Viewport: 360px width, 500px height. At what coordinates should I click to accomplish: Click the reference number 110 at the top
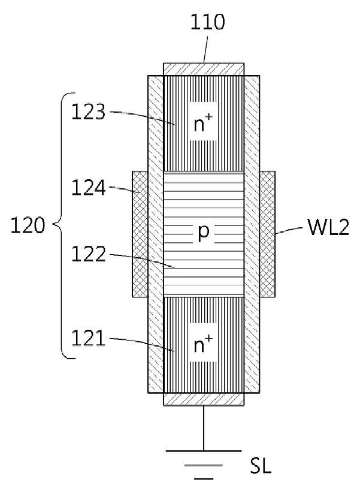click(207, 22)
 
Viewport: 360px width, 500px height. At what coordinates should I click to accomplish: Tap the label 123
click(88, 112)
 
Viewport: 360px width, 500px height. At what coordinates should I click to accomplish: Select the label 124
click(88, 187)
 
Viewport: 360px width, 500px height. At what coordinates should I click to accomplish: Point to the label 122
click(88, 254)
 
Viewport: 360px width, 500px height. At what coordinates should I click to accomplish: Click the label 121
click(88, 338)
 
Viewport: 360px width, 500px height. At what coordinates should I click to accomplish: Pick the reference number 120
click(28, 225)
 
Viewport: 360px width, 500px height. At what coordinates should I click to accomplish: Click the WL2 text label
click(328, 227)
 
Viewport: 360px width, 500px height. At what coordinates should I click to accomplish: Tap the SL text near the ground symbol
click(261, 466)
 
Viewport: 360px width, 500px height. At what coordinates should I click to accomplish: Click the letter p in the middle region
click(204, 232)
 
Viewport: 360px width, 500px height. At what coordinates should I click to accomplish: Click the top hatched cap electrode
click(204, 69)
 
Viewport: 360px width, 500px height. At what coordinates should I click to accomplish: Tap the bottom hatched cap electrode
click(204, 399)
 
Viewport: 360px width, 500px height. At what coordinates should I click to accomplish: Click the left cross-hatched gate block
click(140, 234)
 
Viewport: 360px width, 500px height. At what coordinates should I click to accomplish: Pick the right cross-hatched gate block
click(268, 234)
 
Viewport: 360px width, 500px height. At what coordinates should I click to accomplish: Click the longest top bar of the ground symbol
click(204, 451)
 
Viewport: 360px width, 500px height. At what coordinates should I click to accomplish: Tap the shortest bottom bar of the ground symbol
click(204, 478)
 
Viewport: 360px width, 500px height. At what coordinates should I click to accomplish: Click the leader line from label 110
click(206, 49)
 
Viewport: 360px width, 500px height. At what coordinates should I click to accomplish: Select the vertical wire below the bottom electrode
click(204, 428)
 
